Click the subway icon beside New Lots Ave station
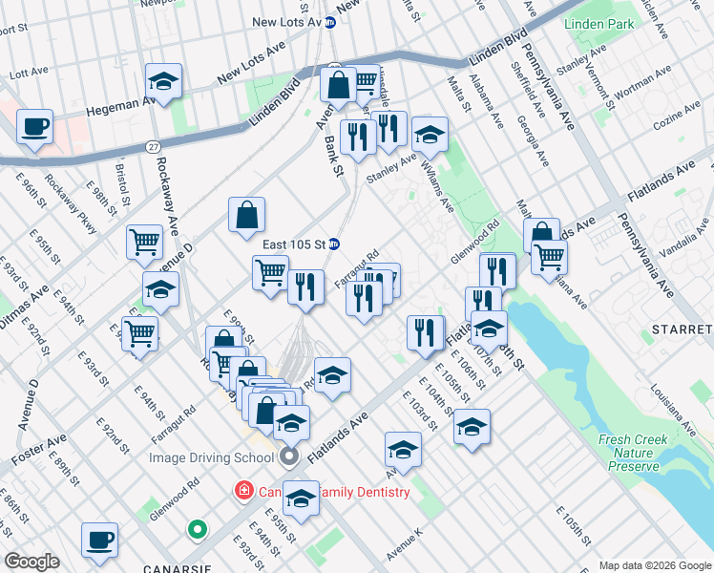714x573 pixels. [330, 23]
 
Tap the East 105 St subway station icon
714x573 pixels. [334, 244]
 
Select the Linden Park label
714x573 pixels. [598, 23]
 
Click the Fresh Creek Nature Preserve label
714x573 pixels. [628, 453]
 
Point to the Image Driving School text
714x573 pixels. [212, 457]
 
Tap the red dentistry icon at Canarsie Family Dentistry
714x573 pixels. [245, 492]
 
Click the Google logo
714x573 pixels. [31, 562]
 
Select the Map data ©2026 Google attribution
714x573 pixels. [654, 565]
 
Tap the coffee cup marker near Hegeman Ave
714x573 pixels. [34, 128]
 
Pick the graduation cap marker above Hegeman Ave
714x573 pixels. [163, 82]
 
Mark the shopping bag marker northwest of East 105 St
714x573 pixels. [246, 216]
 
